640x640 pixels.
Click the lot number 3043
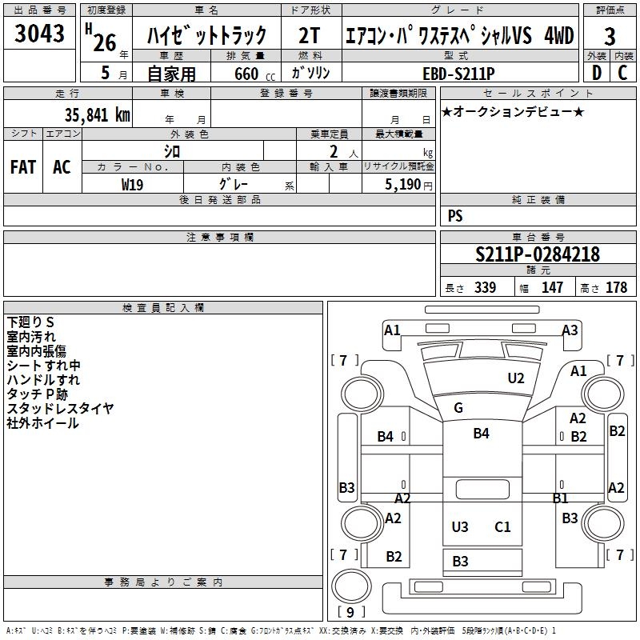coord(39,34)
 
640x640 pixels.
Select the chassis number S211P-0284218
coord(538,254)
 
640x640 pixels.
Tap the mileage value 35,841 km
coord(98,115)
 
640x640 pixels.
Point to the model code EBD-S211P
coord(458,74)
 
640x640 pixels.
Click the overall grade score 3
coord(610,37)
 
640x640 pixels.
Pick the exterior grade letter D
coord(597,73)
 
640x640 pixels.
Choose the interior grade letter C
coord(622,73)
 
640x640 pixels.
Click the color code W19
coord(132,185)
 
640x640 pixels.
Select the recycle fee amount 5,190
coord(402,185)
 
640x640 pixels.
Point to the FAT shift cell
coord(23,167)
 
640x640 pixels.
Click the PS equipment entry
coord(455,215)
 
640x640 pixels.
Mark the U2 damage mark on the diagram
coord(516,378)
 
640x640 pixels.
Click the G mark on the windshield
coord(458,408)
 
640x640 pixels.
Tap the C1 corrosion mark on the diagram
coord(502,527)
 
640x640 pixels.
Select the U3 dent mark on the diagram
coord(460,527)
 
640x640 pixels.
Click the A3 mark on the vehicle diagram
coord(570,330)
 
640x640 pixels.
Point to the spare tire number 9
coord(350,612)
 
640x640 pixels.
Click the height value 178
coord(616,287)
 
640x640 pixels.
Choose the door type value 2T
coord(309,36)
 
